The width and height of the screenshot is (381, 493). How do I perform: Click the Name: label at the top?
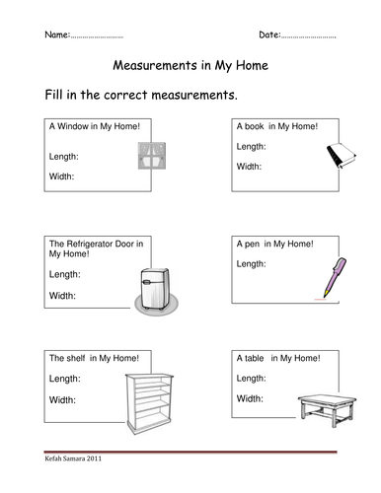[57, 35]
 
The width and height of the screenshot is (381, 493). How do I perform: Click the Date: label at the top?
[270, 35]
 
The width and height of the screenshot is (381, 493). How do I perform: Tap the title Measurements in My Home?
[190, 68]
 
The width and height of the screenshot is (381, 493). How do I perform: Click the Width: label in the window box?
[62, 177]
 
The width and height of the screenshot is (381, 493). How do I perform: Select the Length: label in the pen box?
[254, 265]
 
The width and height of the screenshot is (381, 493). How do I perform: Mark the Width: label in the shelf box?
[62, 399]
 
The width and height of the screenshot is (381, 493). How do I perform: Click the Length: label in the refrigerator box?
[64, 274]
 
